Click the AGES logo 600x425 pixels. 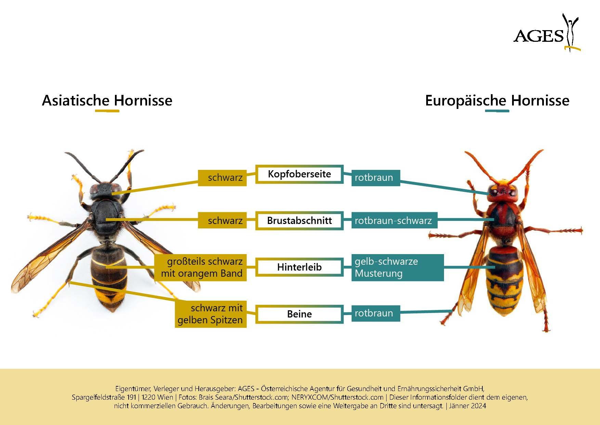547,33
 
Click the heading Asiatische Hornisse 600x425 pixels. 107,101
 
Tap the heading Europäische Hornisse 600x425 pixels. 497,101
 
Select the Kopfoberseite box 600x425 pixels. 299,174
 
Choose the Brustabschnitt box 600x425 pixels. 299,221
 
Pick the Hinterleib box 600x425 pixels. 299,267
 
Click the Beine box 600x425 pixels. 299,314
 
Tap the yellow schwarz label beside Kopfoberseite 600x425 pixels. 222,178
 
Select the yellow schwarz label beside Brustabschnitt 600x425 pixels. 222,221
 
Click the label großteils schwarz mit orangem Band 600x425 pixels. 200,267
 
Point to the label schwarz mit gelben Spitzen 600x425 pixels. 211,314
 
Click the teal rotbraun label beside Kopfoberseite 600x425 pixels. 376,178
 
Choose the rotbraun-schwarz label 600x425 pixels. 394,221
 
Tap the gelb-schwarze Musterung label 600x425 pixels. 397,267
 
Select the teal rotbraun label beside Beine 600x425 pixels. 376,313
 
